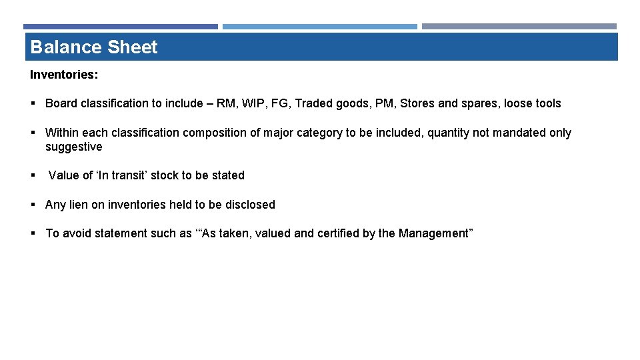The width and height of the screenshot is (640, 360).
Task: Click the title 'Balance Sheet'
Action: [94, 47]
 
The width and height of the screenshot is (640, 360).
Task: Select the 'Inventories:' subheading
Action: [64, 75]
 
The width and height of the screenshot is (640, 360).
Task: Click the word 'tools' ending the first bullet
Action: [547, 103]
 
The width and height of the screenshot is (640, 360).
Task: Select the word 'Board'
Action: [61, 103]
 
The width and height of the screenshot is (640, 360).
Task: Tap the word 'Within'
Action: [62, 133]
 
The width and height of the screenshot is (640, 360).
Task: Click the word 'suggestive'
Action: [73, 147]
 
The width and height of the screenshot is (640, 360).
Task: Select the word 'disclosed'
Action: [249, 205]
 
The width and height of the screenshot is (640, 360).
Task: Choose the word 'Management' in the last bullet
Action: [433, 233]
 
